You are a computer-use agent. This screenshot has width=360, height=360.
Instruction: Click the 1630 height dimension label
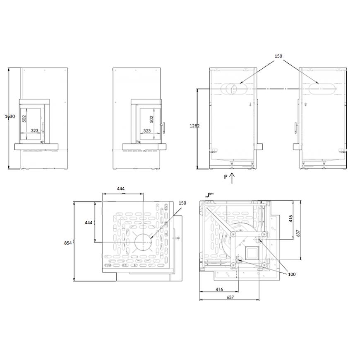pos(10,116)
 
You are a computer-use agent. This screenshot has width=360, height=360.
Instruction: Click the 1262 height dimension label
pos(194,126)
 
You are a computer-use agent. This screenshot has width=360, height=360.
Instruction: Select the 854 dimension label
pos(68,243)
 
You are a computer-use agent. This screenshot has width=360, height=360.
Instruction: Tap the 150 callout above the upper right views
pos(278,56)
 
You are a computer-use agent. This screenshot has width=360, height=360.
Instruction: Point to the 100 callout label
pos(292,274)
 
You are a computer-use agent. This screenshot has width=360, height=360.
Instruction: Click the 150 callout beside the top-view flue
pos(182,203)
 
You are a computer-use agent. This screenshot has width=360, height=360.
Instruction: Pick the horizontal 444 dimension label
pos(121,189)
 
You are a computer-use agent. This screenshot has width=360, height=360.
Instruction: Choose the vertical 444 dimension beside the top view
pos(89,223)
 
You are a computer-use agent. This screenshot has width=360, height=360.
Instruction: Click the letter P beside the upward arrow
pos(226,177)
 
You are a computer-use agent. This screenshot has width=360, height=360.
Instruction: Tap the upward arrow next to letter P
pos(232,178)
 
